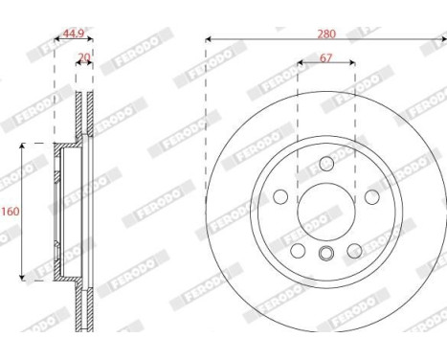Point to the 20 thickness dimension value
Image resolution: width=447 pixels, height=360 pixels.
pos(83,57)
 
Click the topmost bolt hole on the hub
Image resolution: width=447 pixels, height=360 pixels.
pos(326,162)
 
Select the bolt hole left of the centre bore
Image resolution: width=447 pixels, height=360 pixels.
pos(280,196)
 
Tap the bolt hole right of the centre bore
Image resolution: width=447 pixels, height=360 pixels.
pos(371,196)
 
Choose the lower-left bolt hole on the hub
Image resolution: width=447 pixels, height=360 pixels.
pos(298,250)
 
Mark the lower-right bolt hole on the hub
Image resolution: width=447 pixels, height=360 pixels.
pos(355,250)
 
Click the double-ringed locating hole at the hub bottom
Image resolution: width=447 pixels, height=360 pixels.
pos(326,254)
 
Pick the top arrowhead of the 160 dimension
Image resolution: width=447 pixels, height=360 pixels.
pos(24,146)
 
